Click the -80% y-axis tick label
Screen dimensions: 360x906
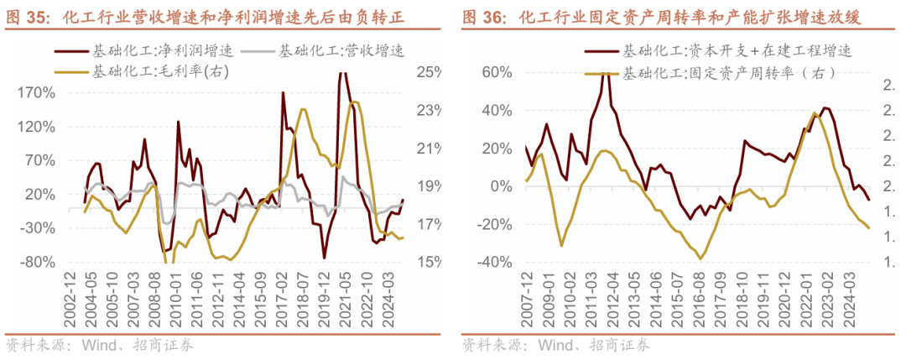(x=38, y=262)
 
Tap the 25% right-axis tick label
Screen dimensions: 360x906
(x=429, y=72)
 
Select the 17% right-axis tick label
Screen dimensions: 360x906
(x=429, y=224)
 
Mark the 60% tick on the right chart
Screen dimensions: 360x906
(x=495, y=72)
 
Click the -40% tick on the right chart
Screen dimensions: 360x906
(x=492, y=263)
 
